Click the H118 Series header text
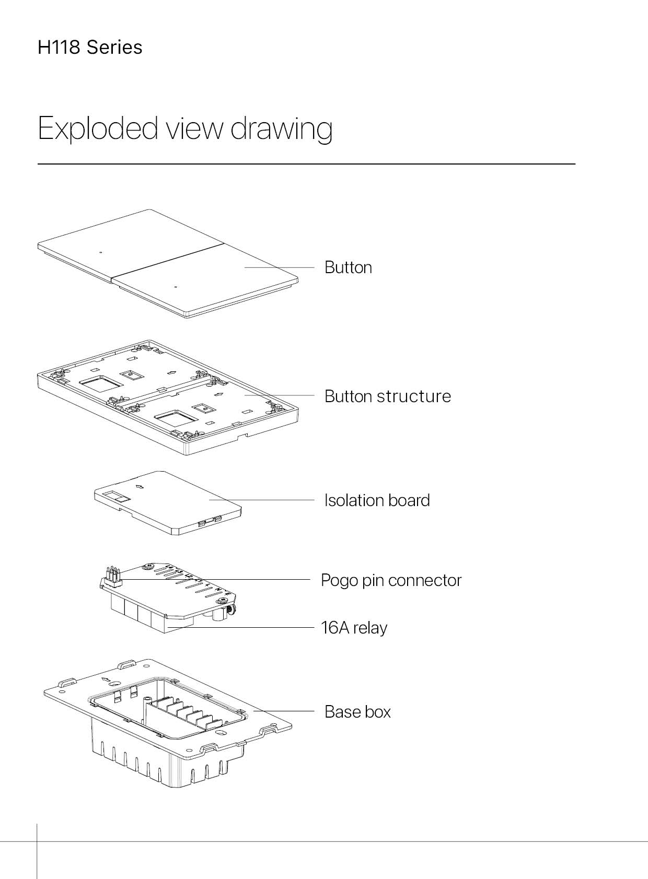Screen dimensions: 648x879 [x=90, y=47]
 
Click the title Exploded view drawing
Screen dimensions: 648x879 [x=185, y=128]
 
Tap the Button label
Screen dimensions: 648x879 [x=348, y=267]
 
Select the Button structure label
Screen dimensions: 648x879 [x=388, y=396]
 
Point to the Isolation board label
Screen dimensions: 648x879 [x=377, y=500]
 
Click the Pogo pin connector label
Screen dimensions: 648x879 [x=391, y=580]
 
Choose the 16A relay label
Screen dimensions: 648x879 [x=354, y=627]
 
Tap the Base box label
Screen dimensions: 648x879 [x=357, y=711]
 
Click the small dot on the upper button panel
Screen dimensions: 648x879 [x=100, y=252]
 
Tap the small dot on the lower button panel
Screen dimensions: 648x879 [x=176, y=287]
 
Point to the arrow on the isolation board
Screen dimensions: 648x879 [x=140, y=487]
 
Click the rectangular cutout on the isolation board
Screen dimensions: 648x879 [x=117, y=497]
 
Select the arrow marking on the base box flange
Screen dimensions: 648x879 [x=105, y=679]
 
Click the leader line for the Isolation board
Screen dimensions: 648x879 [x=262, y=500]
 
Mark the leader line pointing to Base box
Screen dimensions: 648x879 [x=284, y=711]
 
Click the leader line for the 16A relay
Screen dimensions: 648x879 [x=241, y=627]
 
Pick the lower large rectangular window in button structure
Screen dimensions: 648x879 [x=176, y=418]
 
